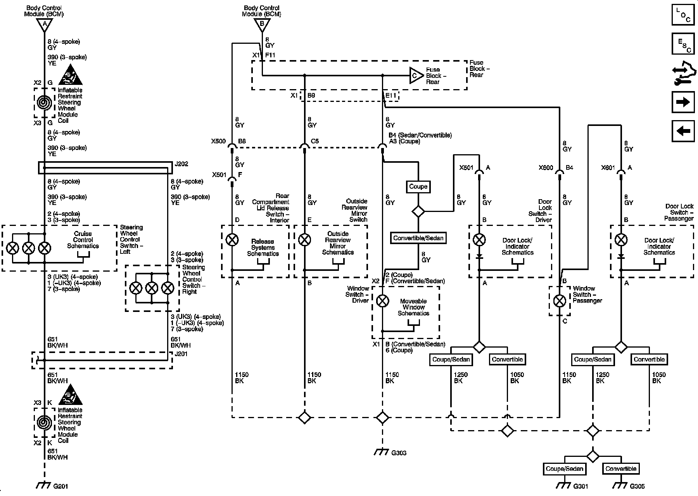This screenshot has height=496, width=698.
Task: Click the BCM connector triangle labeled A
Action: [x=45, y=25]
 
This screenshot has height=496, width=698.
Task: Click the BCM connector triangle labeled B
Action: [x=262, y=25]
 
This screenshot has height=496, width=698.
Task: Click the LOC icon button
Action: [x=683, y=14]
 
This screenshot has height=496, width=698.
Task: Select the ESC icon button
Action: [x=683, y=44]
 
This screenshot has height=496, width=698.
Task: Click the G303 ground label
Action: [x=399, y=453]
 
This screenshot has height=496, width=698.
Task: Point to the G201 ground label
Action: [x=60, y=486]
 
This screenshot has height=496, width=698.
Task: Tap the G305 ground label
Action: [x=637, y=486]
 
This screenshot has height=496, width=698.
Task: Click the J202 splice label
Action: [x=181, y=164]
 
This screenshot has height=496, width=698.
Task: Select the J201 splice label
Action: [x=181, y=354]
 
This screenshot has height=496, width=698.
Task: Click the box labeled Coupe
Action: [x=418, y=186]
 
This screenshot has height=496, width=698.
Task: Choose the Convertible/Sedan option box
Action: [x=418, y=238]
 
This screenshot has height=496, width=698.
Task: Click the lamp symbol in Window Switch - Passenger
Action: [x=559, y=301]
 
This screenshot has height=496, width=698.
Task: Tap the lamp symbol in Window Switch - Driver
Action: [x=383, y=301]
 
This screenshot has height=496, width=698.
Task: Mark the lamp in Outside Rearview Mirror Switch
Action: [x=304, y=240]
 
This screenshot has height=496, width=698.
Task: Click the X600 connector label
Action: [x=546, y=168]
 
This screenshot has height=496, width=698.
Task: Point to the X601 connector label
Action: [x=608, y=168]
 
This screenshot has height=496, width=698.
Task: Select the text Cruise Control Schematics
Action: [x=83, y=240]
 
